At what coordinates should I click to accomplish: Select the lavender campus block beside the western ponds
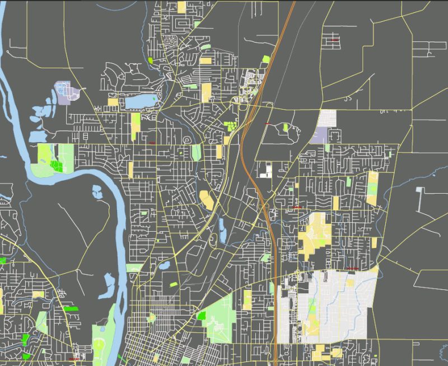tap(63, 93)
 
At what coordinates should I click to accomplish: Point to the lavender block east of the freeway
tap(320, 135)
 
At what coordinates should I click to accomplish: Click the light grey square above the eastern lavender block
tap(327, 118)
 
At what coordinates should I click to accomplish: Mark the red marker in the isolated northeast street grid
tap(334, 40)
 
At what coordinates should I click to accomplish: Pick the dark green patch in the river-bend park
tap(55, 166)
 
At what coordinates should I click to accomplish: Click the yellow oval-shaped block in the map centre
tap(206, 199)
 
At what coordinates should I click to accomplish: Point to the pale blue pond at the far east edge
tap(421, 198)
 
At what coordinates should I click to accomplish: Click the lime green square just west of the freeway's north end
tap(266, 59)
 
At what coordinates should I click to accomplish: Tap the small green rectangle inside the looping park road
tap(201, 316)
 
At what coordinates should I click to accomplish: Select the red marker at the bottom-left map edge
tap(73, 359)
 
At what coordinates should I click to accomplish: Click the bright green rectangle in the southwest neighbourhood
tap(71, 308)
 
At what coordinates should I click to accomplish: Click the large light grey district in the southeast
tap(336, 305)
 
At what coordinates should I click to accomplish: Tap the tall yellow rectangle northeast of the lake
tap(206, 92)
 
